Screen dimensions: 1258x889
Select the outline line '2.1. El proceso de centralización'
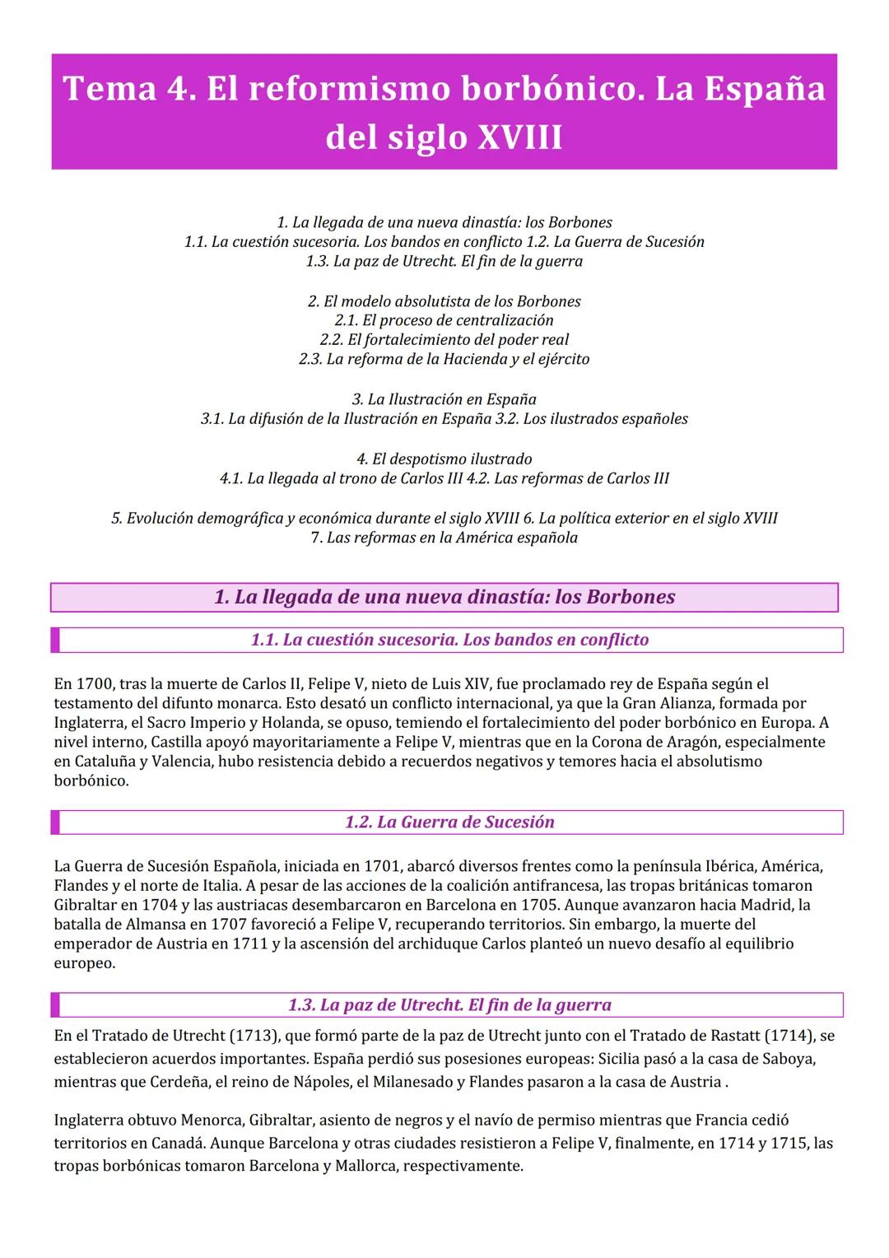click(444, 320)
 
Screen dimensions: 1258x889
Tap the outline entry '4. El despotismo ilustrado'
click(444, 459)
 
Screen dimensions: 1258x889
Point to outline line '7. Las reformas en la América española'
click(444, 538)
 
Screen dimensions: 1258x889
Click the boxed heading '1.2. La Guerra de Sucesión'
click(449, 822)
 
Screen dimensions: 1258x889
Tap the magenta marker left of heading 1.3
click(55, 1004)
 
